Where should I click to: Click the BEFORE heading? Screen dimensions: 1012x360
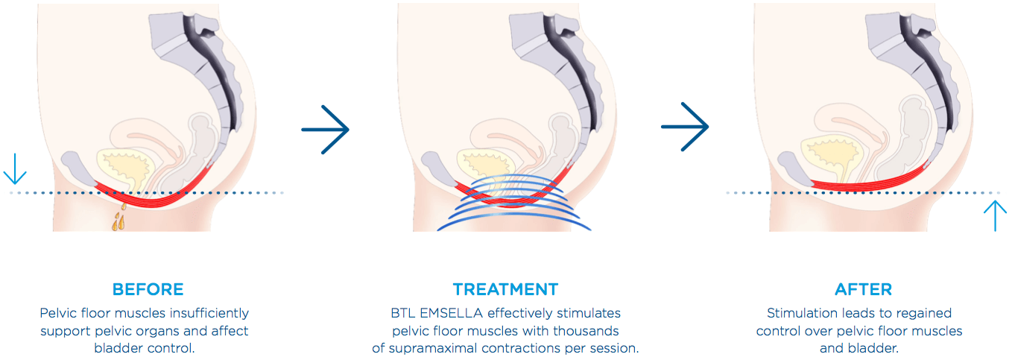(148, 289)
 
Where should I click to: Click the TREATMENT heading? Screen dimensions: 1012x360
(505, 289)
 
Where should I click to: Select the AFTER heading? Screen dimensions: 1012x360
(864, 289)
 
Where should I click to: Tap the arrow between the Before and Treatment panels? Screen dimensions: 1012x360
(325, 130)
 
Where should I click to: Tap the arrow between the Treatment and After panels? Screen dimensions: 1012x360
(685, 127)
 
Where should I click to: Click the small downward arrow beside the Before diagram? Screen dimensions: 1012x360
(15, 169)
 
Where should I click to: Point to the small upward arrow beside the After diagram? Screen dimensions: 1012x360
(996, 216)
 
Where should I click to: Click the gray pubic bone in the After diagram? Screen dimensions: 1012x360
(794, 168)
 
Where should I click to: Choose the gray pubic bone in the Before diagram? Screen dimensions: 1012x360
(78, 168)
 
